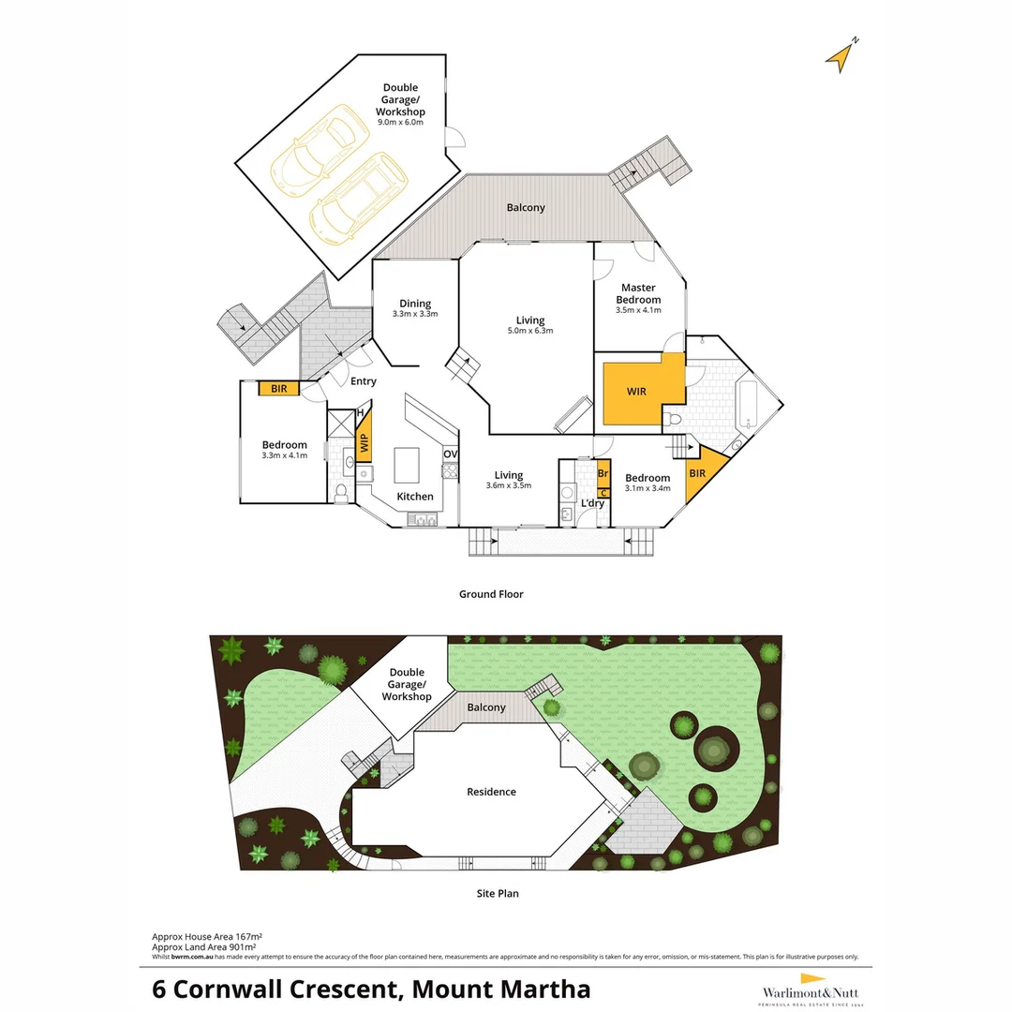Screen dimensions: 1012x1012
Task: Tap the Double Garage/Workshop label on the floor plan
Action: point(400,100)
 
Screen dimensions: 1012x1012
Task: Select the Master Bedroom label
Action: point(638,293)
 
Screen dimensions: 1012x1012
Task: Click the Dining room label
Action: point(415,304)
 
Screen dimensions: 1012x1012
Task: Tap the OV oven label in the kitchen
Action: point(450,454)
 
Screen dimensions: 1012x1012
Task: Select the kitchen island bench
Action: point(407,463)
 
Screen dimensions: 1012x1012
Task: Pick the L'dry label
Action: point(592,504)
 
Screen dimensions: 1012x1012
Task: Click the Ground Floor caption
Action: point(491,594)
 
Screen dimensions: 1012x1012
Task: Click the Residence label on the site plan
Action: point(492,792)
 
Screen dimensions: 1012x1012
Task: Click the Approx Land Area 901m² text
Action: point(204,946)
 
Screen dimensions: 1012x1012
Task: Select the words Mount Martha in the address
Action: point(501,990)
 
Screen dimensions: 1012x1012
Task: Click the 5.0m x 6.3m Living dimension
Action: point(529,331)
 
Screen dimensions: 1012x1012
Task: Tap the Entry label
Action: point(363,381)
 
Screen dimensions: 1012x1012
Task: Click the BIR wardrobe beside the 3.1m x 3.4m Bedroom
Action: point(699,473)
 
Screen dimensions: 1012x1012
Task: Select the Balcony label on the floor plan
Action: point(526,208)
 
